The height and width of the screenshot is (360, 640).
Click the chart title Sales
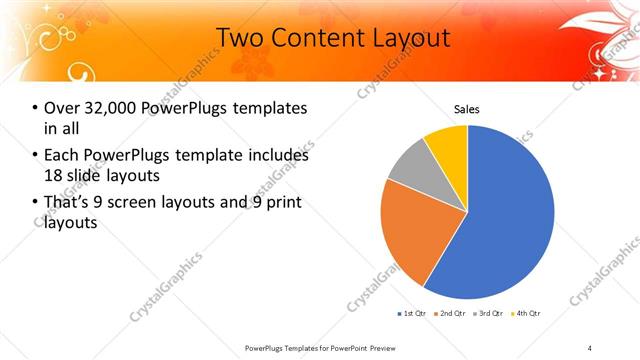467,108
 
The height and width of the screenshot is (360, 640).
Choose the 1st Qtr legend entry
413,314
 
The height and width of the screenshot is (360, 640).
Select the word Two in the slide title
239,38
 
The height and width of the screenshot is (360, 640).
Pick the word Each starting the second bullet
61,155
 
